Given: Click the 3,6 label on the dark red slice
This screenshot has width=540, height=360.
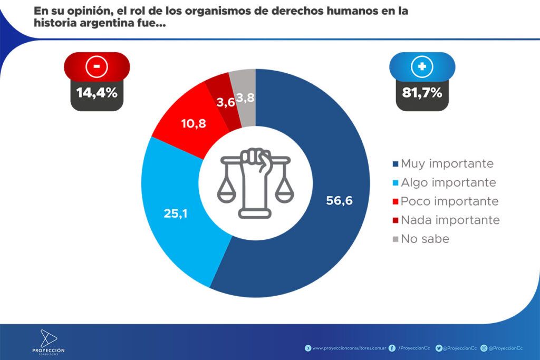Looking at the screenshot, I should [225, 102].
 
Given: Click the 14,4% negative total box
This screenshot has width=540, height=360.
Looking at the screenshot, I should [97, 93].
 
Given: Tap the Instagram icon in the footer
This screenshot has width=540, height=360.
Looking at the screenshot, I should [484, 348].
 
